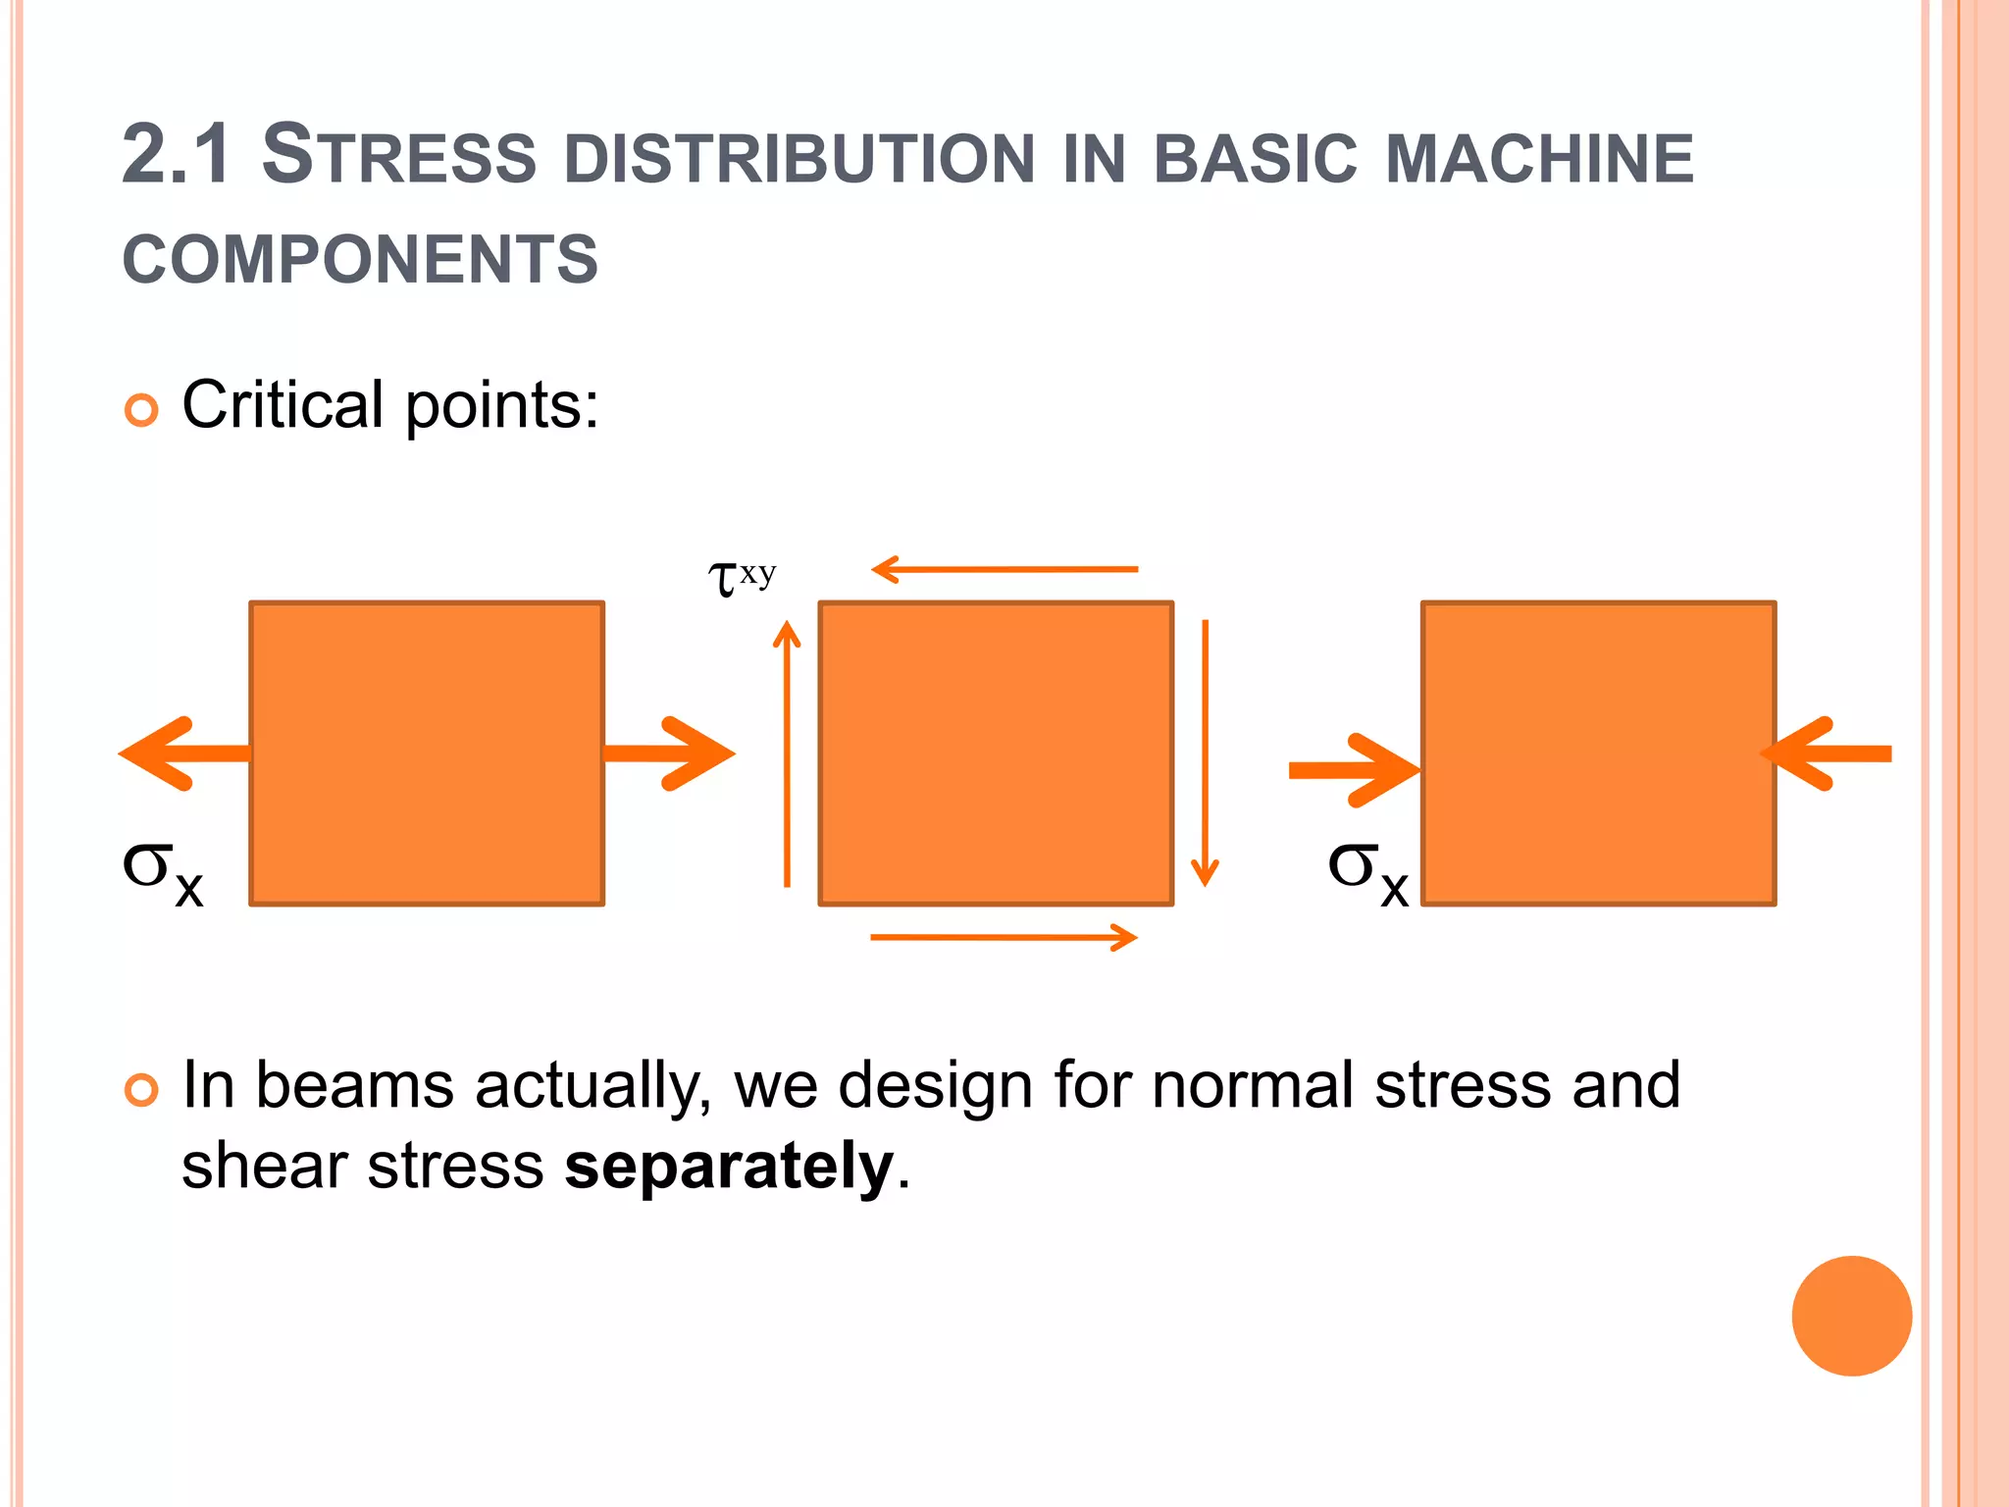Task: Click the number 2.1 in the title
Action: click(177, 155)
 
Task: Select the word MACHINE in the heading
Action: click(1539, 159)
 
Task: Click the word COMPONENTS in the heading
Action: click(360, 260)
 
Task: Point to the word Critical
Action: click(283, 404)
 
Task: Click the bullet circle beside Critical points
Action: click(141, 410)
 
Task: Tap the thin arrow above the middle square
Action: click(1004, 569)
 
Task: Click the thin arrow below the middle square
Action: click(1004, 938)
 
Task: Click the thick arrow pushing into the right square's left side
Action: click(1354, 770)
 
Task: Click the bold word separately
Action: click(729, 1167)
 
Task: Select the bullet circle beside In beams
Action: click(141, 1090)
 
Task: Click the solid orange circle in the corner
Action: click(1851, 1316)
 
